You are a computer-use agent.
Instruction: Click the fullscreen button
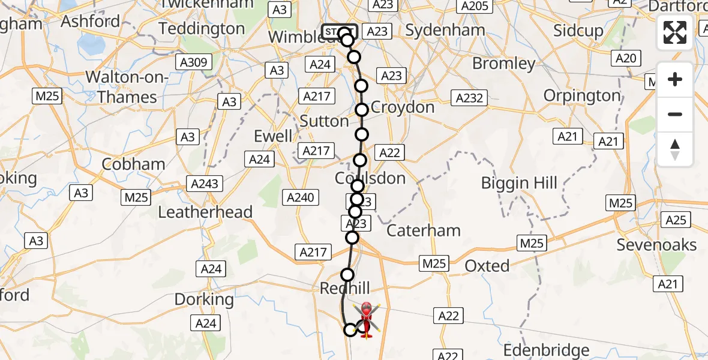675,32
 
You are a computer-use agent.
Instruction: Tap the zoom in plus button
675,80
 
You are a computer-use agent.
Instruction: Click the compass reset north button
675,149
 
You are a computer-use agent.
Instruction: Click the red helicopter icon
366,319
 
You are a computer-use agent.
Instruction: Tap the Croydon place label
403,107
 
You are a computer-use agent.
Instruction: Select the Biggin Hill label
519,183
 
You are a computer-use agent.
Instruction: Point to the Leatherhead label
205,212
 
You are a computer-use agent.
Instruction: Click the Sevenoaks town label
657,245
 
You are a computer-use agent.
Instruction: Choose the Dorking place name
204,299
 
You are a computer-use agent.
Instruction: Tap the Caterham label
424,230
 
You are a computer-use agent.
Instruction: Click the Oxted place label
487,266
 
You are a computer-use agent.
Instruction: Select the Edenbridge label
546,350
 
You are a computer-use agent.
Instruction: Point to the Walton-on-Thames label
127,87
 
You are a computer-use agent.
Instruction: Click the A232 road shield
470,98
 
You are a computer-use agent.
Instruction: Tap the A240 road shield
301,197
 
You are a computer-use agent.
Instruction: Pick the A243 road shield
205,184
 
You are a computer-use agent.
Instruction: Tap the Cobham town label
133,164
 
